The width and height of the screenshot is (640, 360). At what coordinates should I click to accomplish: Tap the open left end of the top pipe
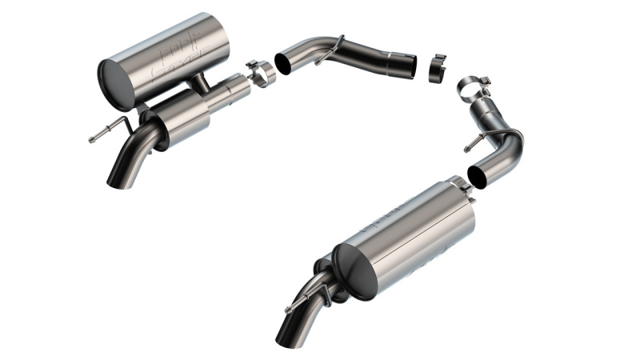284,63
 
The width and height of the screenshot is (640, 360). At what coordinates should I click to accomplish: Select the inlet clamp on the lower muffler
461,186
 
